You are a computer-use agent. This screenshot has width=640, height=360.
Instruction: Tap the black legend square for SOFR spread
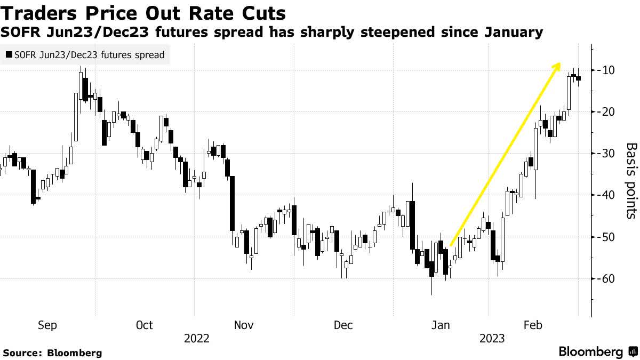(9, 55)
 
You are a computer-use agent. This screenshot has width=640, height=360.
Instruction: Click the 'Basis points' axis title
(631, 180)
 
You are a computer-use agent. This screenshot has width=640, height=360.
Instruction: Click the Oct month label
(144, 325)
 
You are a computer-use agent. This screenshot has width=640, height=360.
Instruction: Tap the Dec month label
(343, 325)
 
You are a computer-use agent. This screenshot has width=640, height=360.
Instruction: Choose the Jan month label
(441, 325)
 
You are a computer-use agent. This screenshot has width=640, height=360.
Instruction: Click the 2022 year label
(196, 339)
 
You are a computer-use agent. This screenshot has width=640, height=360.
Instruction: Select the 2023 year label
(492, 339)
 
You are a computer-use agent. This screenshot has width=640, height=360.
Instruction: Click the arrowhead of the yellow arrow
(558, 66)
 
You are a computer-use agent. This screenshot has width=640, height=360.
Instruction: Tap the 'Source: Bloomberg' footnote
(52, 353)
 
